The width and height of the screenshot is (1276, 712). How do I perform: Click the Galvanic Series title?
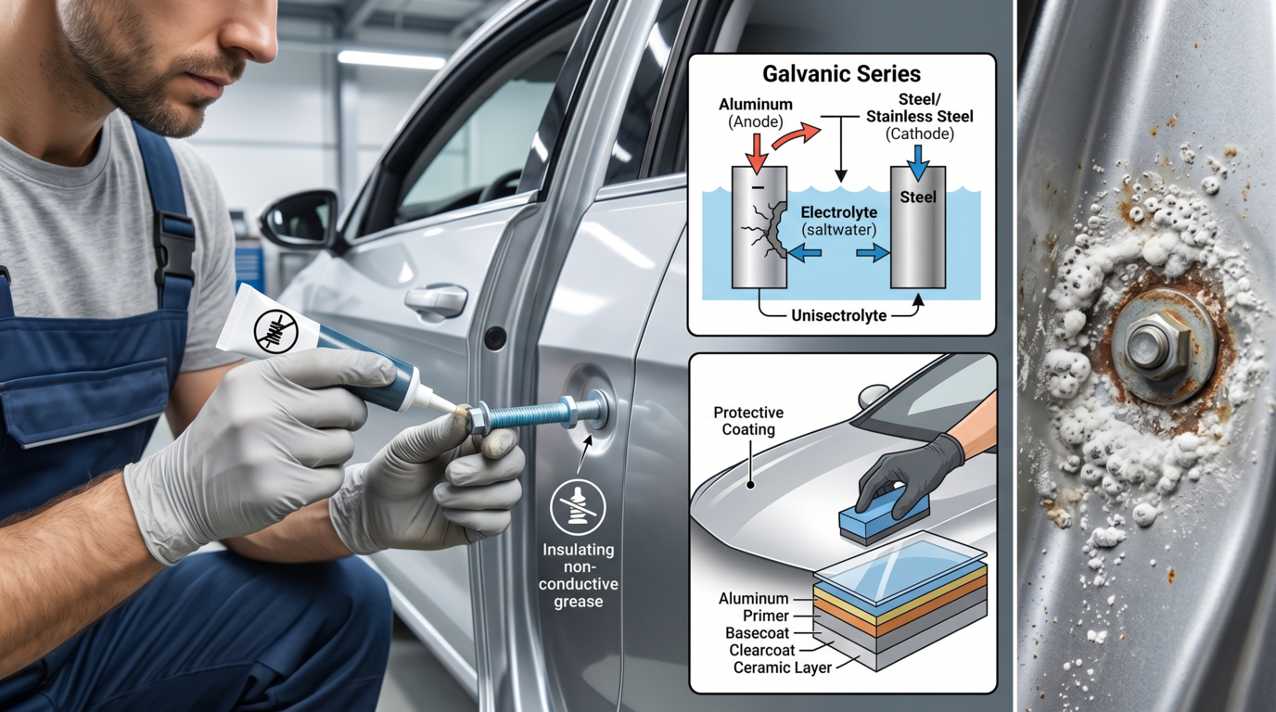point(841,74)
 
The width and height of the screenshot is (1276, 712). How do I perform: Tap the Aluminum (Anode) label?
point(756,113)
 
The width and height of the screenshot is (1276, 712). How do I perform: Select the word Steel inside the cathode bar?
point(918,197)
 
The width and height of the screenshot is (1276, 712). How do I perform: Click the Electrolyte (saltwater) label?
point(839,221)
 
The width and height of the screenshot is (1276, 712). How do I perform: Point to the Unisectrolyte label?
point(839,315)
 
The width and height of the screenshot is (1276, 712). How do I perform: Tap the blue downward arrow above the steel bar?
point(917,162)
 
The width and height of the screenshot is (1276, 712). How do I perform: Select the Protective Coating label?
point(748,421)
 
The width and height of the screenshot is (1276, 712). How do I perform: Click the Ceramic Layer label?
point(782,667)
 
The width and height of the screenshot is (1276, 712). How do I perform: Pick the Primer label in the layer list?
point(766,616)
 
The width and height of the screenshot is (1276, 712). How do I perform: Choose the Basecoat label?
point(757,633)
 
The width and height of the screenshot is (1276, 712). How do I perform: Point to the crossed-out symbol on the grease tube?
point(275,331)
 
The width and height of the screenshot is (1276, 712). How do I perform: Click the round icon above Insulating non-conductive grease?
point(578,507)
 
